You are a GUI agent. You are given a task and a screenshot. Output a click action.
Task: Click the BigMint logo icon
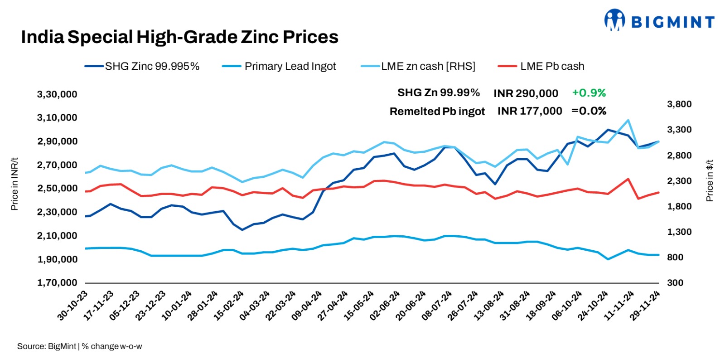[x=614, y=20]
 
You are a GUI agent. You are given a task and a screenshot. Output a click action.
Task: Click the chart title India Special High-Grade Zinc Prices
[x=179, y=37]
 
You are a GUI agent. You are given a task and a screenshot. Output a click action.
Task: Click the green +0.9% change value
[x=589, y=93]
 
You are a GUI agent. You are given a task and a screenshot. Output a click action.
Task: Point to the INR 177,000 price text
[x=529, y=111]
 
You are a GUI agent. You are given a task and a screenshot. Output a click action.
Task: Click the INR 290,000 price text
[x=526, y=93]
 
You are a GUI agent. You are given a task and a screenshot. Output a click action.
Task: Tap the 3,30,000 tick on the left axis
[x=57, y=94]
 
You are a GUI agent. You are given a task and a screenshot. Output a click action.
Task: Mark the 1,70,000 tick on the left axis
[x=57, y=283]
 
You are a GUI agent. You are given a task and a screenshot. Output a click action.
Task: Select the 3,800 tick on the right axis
[x=679, y=104]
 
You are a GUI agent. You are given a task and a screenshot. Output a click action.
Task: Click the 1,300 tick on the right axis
[x=679, y=232]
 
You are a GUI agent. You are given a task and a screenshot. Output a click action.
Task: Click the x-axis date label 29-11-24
[x=646, y=305]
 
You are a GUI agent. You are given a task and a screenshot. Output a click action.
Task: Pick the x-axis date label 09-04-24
[x=307, y=305]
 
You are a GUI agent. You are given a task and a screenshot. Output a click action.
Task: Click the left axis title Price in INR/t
[x=14, y=184]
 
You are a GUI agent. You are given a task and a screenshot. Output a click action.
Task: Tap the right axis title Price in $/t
[x=709, y=180]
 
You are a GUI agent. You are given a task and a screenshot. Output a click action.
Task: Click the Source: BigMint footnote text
[x=79, y=346]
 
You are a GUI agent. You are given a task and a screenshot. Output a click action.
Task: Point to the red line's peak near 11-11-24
[x=628, y=179]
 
